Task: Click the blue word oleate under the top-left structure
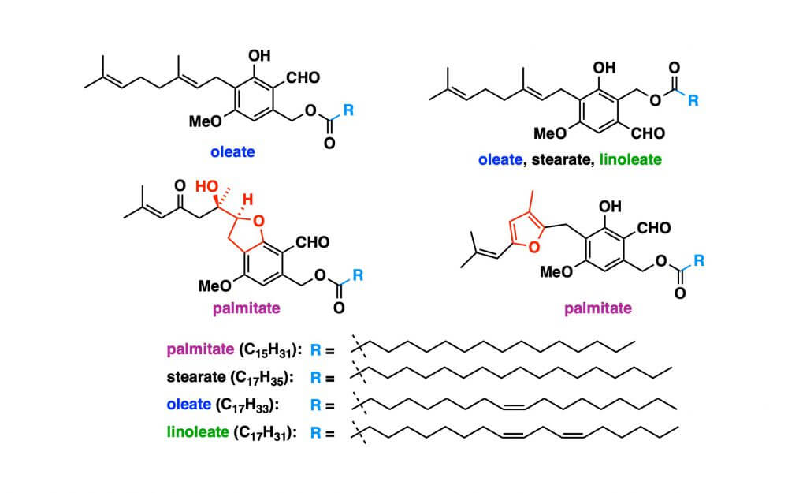tap(232, 151)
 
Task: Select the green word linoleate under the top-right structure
tap(630, 159)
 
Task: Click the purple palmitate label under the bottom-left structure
tap(245, 308)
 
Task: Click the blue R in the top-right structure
tap(692, 101)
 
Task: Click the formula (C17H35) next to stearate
tap(254, 378)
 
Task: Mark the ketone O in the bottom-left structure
tap(180, 186)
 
